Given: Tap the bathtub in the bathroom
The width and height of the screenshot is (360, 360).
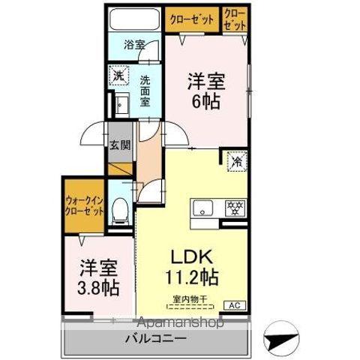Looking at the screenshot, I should (134, 19).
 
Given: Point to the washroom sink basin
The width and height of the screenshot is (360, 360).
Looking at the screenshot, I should (120, 103).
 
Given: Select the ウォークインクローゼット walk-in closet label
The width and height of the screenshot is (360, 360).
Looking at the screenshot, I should (84, 205).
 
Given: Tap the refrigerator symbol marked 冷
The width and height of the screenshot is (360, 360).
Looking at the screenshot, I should (235, 160).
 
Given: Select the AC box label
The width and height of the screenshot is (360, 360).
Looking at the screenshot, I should (234, 305).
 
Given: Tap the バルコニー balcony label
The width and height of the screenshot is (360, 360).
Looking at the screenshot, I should (156, 339).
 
